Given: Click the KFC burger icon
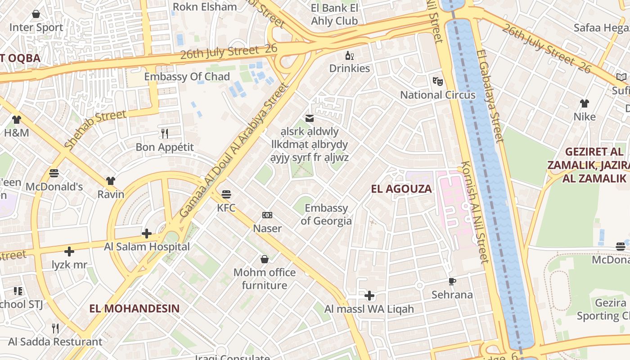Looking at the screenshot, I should pos(226,194).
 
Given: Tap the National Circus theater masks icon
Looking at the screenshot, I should pos(437,81).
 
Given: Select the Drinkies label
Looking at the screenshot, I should pos(350,68).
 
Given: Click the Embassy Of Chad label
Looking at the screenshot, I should pos(187,76).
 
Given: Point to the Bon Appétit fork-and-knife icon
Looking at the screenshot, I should pos(165,133).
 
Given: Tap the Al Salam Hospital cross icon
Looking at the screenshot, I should pos(147,233).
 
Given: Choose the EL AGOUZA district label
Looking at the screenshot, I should pos(401,189).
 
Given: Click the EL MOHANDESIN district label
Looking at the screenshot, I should pos(134,309).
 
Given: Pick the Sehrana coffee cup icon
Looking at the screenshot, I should pos(452,282).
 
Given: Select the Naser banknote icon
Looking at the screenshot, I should pos(267,215).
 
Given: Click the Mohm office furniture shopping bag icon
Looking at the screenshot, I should pos(265,259).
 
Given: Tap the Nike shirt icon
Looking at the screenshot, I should pos(585,103).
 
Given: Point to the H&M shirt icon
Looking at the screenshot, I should pos(17,120).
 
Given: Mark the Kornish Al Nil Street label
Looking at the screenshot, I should pos(473,211).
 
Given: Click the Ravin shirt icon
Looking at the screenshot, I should pos(111,181).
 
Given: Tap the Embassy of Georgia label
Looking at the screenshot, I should pos(326,214).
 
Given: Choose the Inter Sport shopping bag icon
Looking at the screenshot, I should pos(36,14).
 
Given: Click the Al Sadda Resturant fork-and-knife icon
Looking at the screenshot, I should pos(55,328).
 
